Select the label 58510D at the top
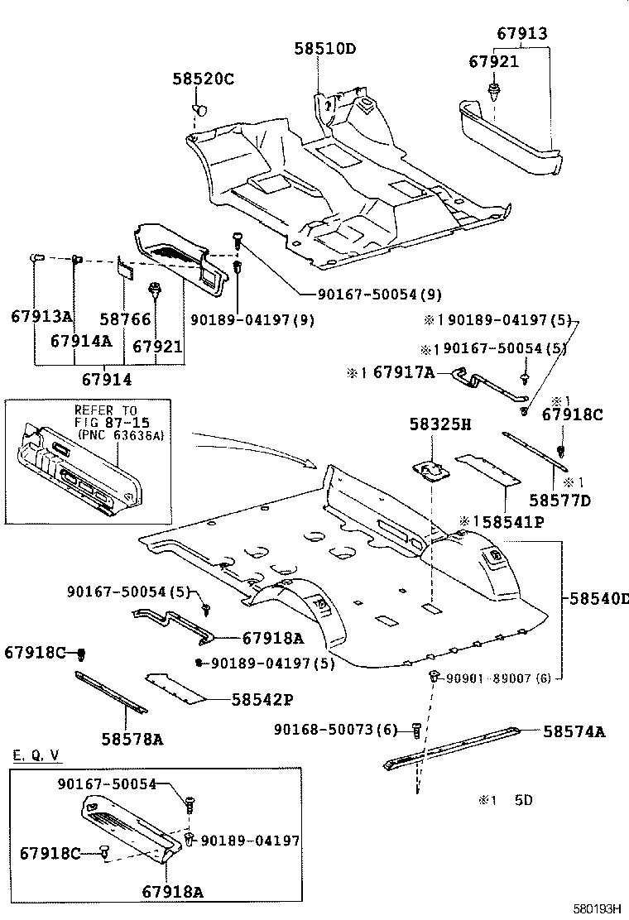324,49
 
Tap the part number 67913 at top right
522,33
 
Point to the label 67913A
42,316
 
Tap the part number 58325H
439,424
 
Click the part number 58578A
132,739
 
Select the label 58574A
574,731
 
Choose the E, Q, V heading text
36,756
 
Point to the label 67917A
403,373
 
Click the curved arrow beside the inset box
248,447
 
